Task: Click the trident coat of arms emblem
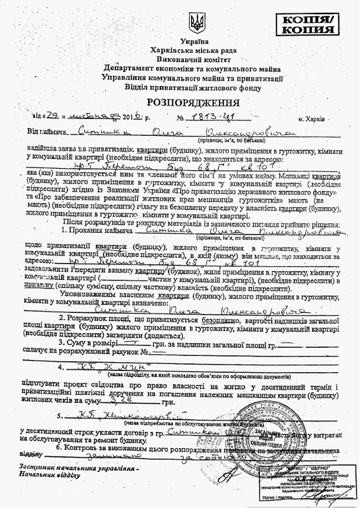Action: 197,24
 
